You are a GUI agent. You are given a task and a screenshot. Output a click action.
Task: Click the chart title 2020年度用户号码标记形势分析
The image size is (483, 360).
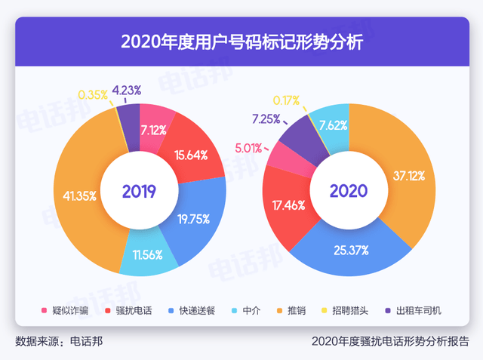[x=241, y=41]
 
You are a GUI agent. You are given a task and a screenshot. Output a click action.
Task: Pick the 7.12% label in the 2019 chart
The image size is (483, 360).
[x=154, y=129]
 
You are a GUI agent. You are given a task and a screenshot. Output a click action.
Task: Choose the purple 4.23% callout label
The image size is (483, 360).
[x=127, y=91]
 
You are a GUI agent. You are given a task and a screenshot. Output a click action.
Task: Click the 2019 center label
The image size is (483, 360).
[x=139, y=192]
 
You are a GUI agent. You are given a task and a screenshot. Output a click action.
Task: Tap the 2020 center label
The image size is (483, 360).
[x=349, y=192]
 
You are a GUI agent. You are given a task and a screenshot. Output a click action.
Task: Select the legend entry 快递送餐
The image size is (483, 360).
[x=194, y=311]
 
